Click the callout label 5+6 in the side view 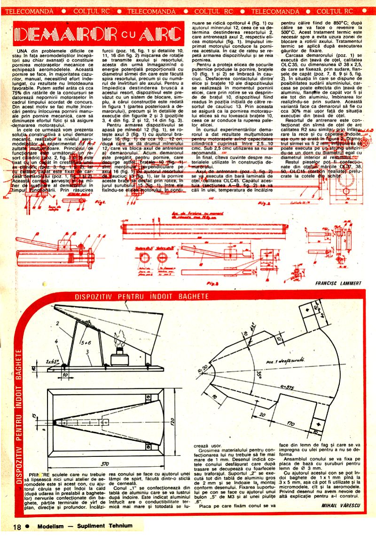coord(86,342)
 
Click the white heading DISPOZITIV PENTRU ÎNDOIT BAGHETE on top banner coord(142,297)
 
